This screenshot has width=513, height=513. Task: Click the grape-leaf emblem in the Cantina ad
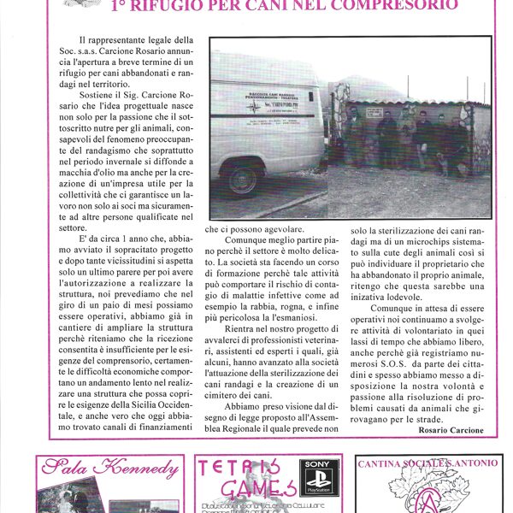coord(425,496)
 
